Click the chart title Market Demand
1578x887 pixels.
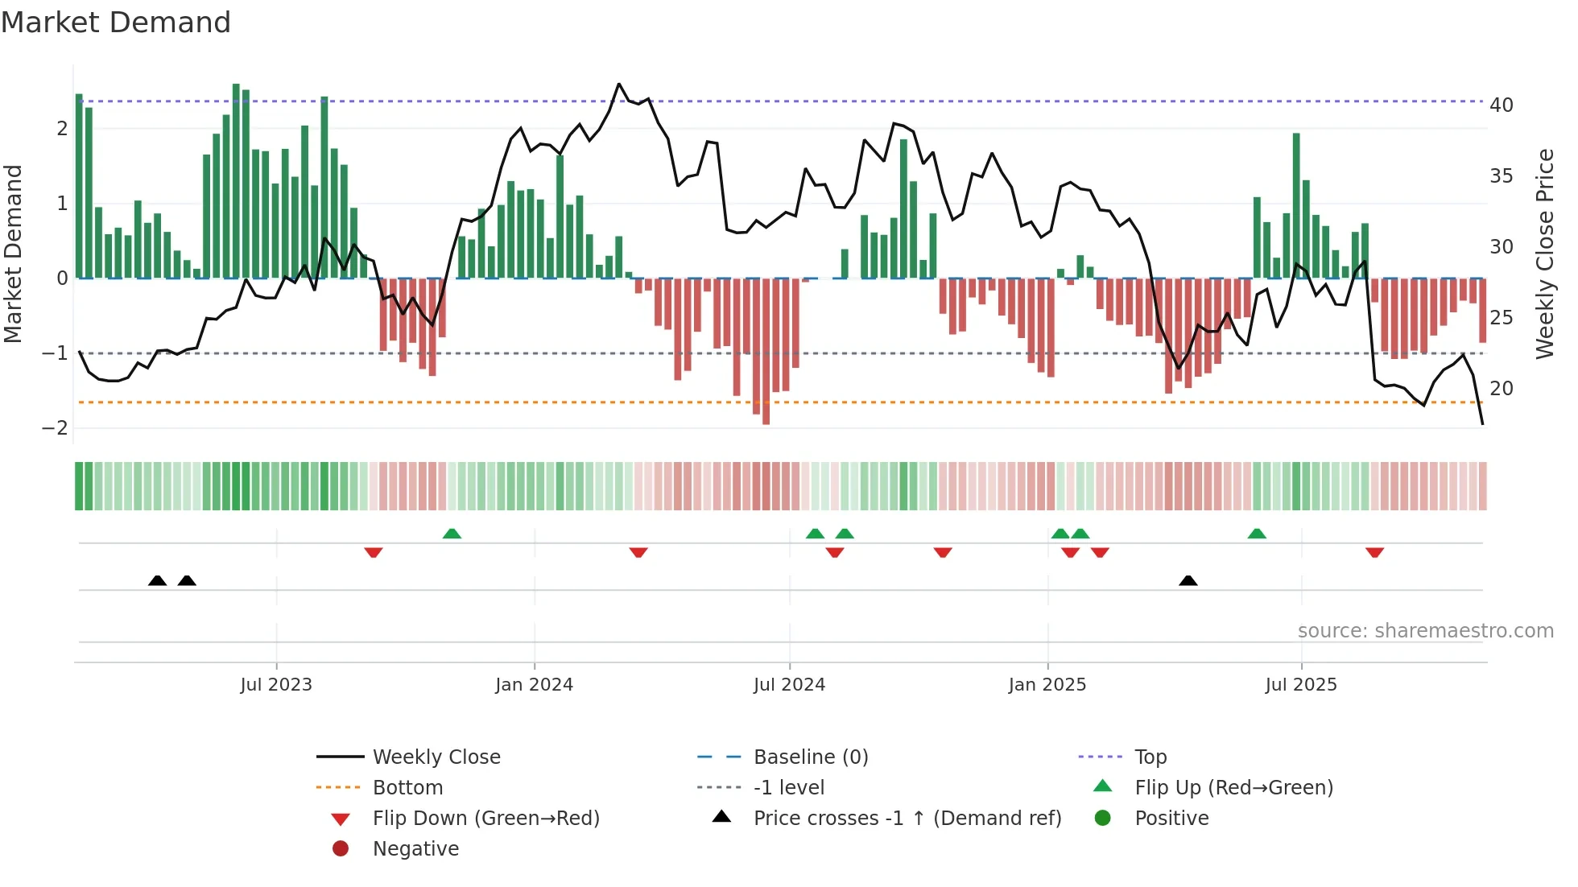(x=116, y=23)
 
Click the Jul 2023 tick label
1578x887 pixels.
(x=275, y=685)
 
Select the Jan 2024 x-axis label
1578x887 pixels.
(x=534, y=685)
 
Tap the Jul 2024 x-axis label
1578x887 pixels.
(x=789, y=685)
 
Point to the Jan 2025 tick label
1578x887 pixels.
(x=1047, y=685)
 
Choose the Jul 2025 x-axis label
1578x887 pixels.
(x=1300, y=685)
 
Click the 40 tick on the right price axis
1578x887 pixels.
(x=1501, y=105)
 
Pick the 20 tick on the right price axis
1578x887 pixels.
(x=1501, y=389)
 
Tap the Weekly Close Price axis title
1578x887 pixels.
(x=1544, y=254)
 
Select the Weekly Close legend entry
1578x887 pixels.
(x=436, y=757)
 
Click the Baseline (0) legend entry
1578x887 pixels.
(x=810, y=757)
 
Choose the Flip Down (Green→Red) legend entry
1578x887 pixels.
(x=485, y=819)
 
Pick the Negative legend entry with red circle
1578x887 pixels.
(x=415, y=849)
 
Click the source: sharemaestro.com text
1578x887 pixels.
(x=1425, y=631)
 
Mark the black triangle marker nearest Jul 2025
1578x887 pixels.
(x=1188, y=580)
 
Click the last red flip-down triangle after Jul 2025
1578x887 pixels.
(x=1374, y=552)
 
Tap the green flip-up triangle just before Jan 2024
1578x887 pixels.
(x=452, y=534)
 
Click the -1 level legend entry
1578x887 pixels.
(x=788, y=788)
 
